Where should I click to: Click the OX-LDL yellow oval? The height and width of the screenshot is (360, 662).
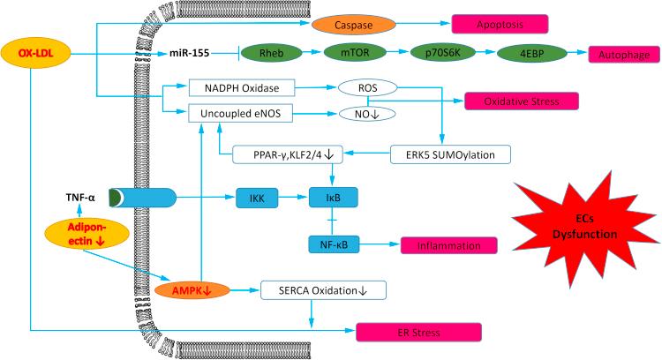click(32, 52)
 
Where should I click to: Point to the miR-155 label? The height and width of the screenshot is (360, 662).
click(190, 54)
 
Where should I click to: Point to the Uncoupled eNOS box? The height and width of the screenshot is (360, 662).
click(240, 114)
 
